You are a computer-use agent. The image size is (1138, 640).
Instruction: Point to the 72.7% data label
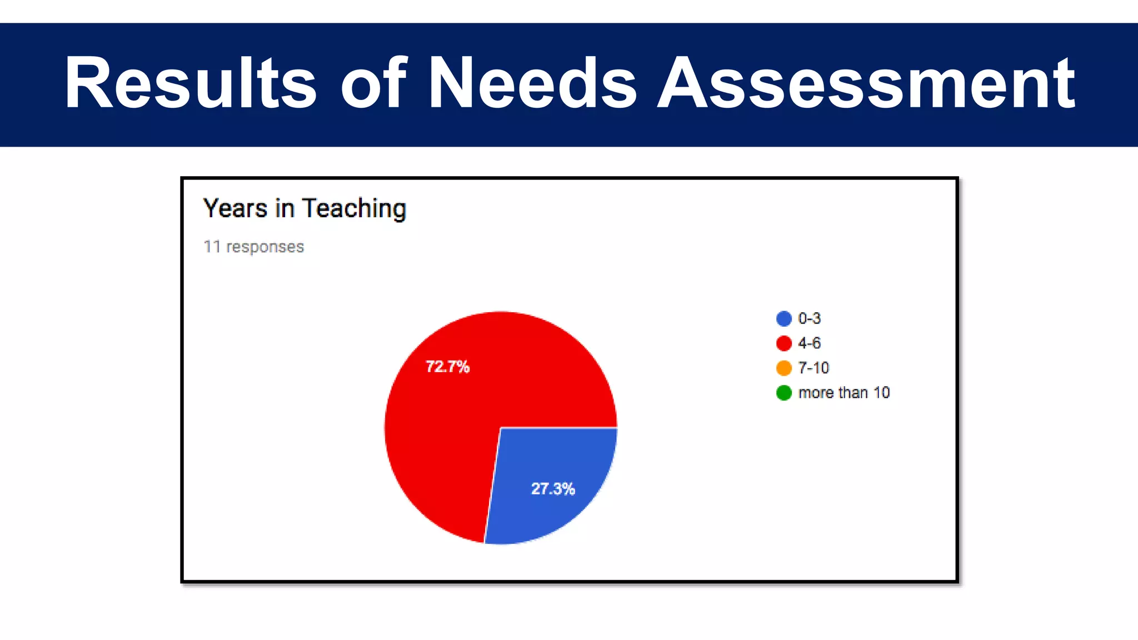pos(447,367)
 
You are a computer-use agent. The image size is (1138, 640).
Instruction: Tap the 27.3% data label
pos(553,489)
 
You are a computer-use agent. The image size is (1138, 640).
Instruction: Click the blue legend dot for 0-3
pos(783,318)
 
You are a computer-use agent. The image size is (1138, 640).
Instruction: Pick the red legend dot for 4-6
pos(783,343)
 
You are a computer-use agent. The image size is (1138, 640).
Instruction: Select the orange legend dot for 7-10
pos(783,368)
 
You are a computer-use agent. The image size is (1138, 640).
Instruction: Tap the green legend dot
pos(783,393)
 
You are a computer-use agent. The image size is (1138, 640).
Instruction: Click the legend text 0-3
pos(809,318)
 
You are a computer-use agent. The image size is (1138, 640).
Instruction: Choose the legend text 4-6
pos(809,343)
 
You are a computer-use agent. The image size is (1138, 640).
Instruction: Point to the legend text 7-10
pos(813,368)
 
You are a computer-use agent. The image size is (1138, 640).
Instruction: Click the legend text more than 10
pos(844,393)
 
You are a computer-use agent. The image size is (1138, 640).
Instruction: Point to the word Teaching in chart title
pos(355,209)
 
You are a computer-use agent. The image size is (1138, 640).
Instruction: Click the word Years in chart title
pos(235,209)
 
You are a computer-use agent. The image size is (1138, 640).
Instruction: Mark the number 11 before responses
pos(212,247)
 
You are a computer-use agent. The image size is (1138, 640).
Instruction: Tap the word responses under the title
pos(265,247)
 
